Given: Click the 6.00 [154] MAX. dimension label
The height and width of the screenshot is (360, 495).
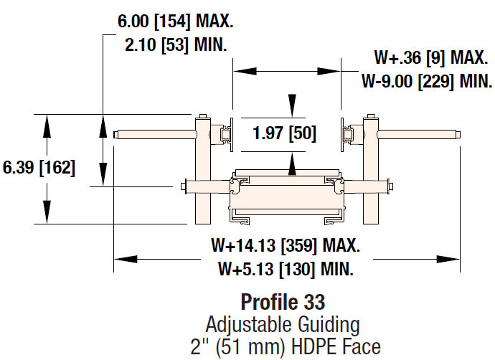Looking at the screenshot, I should [175, 22].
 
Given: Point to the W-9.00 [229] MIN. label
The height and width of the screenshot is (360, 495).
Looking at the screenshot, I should [426, 80].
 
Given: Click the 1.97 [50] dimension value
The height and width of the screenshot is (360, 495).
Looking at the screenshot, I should [284, 133].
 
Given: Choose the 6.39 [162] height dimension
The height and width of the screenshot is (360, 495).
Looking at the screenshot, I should [39, 168].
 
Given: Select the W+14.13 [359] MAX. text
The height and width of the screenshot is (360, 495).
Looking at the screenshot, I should [286, 246].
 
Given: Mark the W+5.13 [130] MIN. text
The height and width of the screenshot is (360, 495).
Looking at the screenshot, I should [286, 270].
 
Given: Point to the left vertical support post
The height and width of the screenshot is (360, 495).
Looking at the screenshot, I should [203, 172].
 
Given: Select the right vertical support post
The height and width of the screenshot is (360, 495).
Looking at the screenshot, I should [371, 172].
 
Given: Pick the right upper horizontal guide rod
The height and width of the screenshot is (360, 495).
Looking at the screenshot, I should [419, 134].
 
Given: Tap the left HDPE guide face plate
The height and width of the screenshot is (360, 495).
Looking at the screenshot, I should [232, 133].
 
